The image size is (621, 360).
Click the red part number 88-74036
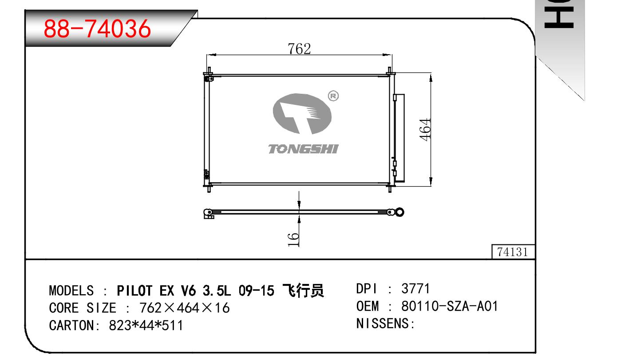[x=97, y=28]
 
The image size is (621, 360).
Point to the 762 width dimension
[x=299, y=49]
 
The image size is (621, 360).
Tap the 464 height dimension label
[x=425, y=130]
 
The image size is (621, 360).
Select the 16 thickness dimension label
[x=293, y=240]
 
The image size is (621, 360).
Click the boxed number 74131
[x=512, y=252]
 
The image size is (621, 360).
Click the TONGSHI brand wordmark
[x=303, y=149]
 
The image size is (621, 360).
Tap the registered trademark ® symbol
[x=333, y=96]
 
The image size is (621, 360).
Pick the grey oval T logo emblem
[x=302, y=114]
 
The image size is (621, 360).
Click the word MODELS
[x=71, y=291]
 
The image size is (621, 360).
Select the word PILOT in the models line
[x=134, y=291]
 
